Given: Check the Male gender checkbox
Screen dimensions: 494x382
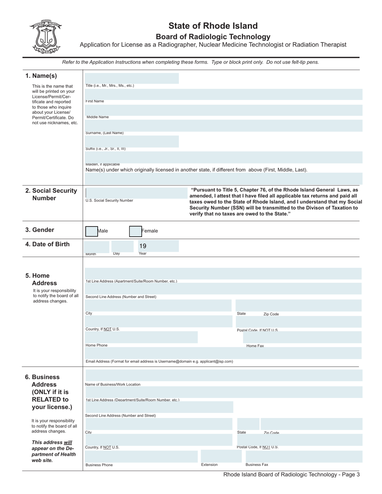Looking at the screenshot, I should click(x=91, y=231).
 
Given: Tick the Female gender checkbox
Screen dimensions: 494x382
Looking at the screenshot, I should click(x=135, y=231).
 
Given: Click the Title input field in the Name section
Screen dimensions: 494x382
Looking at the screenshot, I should click(x=131, y=78).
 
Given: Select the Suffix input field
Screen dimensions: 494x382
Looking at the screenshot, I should click(x=131, y=141).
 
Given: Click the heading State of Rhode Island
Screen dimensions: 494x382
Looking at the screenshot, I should click(x=213, y=26).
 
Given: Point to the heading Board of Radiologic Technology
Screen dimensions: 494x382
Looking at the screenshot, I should click(x=213, y=37).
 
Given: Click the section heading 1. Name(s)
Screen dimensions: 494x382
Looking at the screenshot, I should click(x=41, y=76).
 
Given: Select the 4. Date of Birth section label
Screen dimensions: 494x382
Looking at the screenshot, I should click(x=47, y=244).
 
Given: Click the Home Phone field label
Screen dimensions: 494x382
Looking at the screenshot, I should click(x=97, y=345).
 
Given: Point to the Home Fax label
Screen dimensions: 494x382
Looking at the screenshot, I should click(x=255, y=346).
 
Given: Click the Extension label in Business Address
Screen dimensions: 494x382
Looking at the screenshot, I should click(x=209, y=465).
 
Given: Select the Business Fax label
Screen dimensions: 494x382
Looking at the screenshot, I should click(x=257, y=465).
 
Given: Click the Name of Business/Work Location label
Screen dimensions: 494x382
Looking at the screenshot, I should click(x=113, y=384).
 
